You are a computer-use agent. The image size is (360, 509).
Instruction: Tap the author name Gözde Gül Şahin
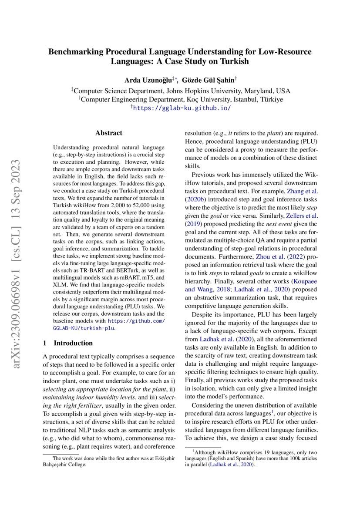pyautogui.click(x=208, y=80)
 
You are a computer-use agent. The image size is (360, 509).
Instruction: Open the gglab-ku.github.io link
pyautogui.click(x=182, y=108)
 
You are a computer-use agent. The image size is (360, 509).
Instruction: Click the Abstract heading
pyautogui.click(x=109, y=133)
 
